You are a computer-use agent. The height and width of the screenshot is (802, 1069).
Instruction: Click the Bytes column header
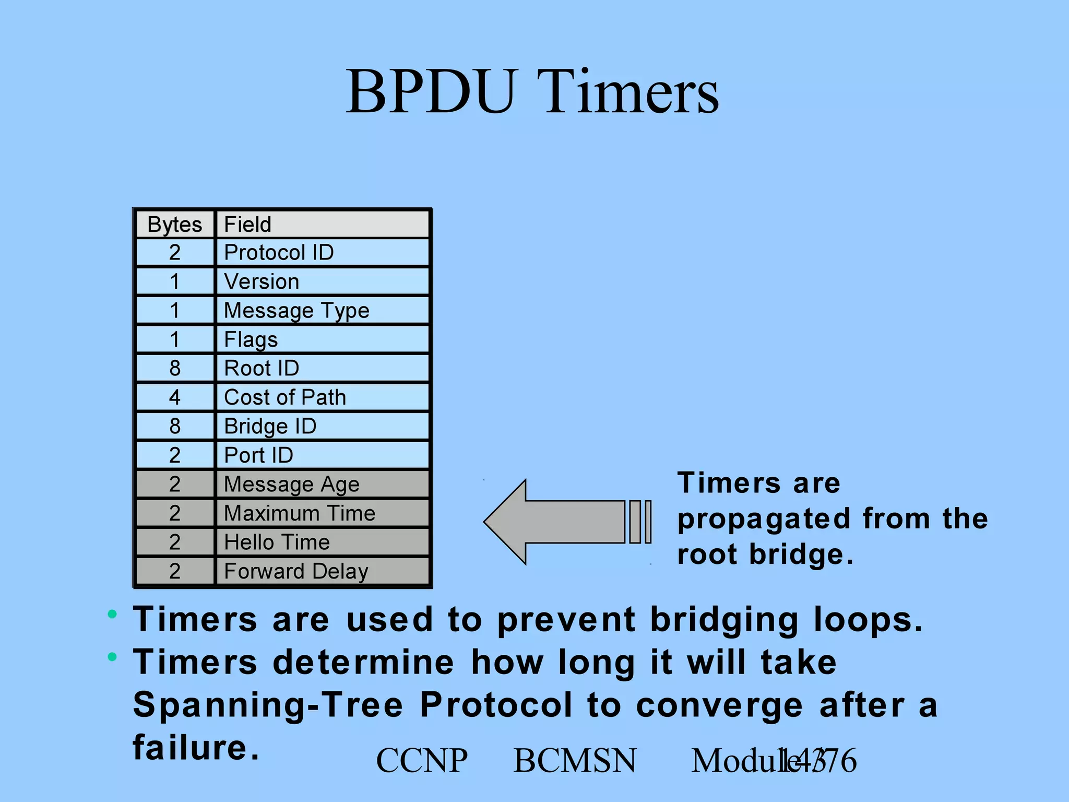[174, 225]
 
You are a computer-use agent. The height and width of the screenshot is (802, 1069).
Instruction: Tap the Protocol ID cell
[322, 253]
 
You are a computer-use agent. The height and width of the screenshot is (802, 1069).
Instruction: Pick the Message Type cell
[322, 311]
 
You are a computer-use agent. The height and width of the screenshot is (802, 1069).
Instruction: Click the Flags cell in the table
[322, 339]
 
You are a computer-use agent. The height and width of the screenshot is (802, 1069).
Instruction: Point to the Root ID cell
[322, 368]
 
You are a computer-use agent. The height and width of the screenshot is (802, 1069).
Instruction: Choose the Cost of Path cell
[322, 397]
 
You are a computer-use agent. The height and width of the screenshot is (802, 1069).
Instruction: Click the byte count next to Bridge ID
[175, 426]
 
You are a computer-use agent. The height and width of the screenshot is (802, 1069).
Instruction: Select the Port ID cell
[322, 455]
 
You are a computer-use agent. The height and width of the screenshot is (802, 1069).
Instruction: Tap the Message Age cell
[322, 484]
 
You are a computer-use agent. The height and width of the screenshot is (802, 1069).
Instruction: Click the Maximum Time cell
[322, 513]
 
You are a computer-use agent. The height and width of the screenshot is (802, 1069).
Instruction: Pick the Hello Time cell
[322, 542]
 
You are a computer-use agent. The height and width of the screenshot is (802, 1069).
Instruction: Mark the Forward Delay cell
[322, 571]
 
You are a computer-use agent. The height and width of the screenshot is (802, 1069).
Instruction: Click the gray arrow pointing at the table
[564, 522]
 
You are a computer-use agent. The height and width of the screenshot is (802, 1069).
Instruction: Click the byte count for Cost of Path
[175, 397]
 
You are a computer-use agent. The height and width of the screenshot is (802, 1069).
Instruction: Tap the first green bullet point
[112, 614]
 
